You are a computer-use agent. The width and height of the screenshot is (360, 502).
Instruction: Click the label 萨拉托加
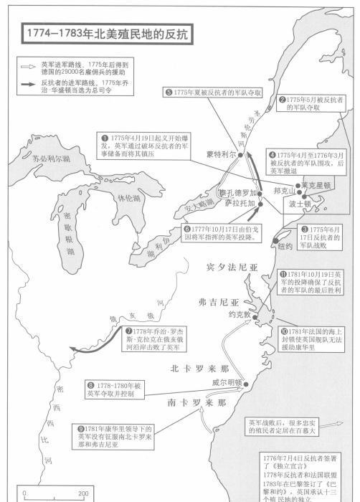[x=238, y=204]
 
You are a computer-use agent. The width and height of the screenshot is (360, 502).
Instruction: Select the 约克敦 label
[x=238, y=314]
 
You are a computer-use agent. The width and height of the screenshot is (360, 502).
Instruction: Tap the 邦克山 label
[x=284, y=191]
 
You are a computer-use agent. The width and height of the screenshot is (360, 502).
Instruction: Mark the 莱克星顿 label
[x=315, y=185]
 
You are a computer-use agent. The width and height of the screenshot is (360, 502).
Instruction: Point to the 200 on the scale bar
[x=83, y=493]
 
